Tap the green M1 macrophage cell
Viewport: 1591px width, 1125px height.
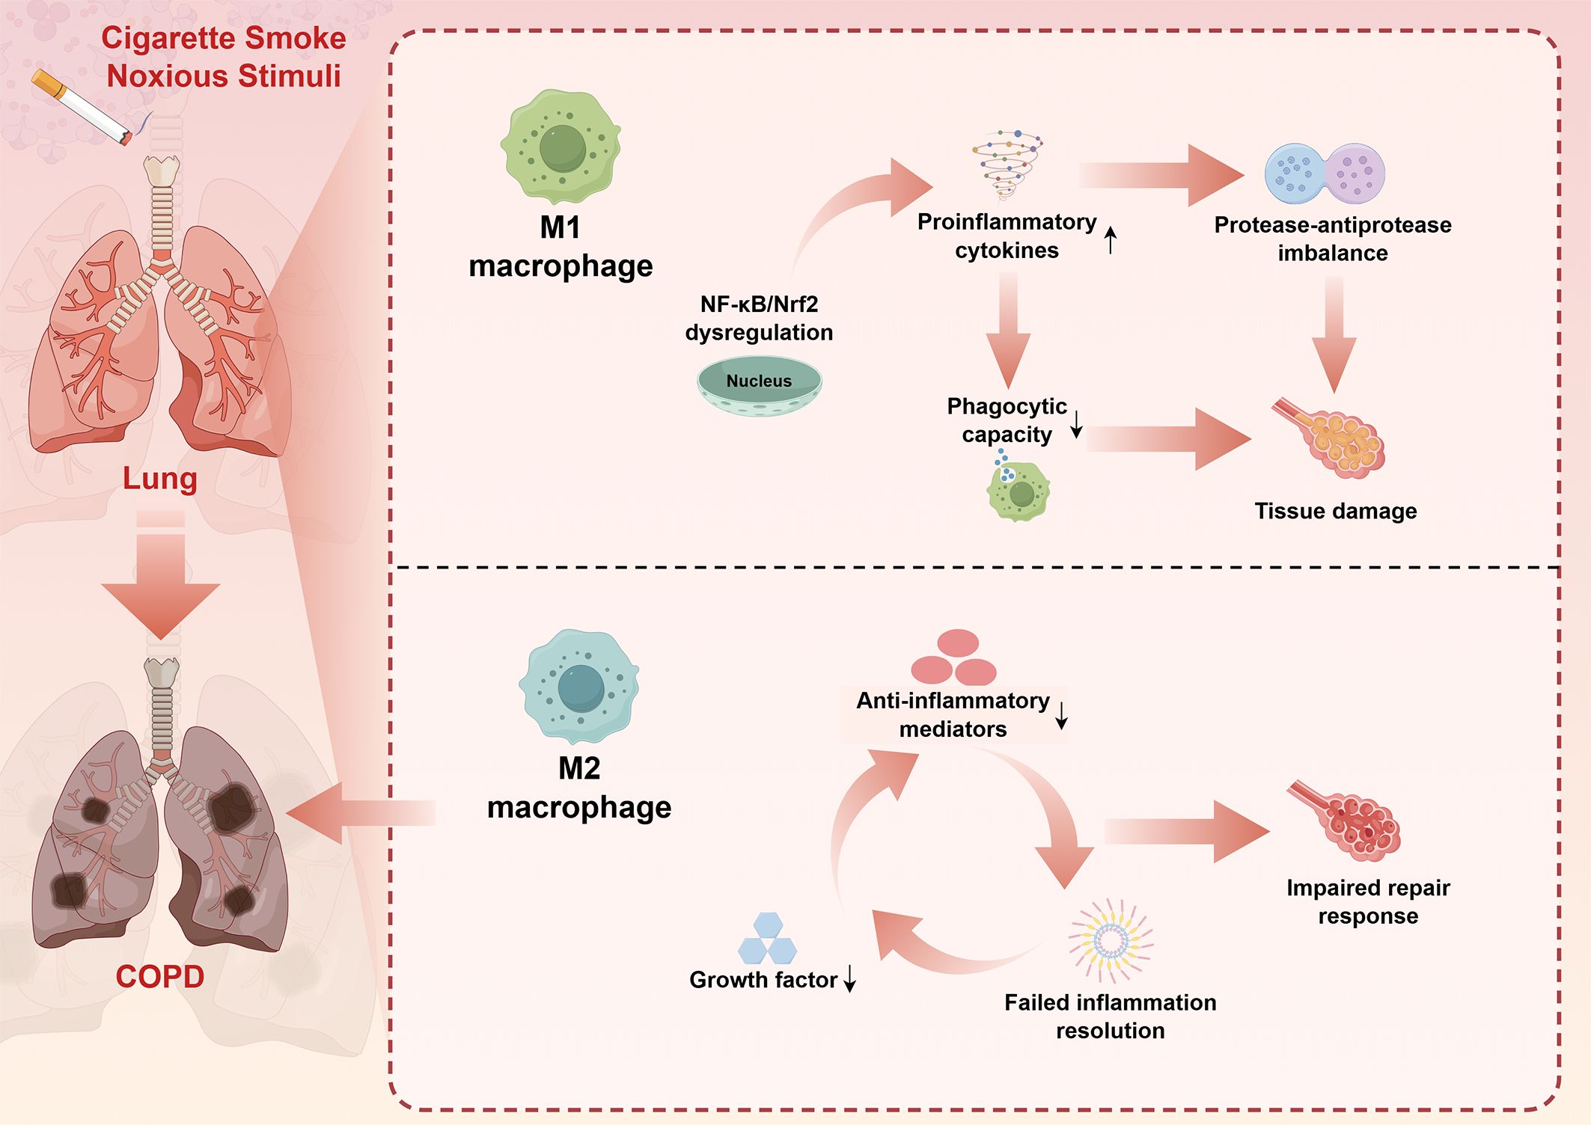(x=561, y=147)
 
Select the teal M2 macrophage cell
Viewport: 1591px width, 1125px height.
(x=579, y=686)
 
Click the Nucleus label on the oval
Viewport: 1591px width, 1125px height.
(x=759, y=381)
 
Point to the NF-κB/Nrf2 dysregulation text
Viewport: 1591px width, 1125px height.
(x=759, y=318)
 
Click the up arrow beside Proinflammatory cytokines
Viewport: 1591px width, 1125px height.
(x=1111, y=240)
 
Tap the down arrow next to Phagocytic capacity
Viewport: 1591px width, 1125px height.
(x=1076, y=424)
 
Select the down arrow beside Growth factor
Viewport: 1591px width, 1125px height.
(x=850, y=978)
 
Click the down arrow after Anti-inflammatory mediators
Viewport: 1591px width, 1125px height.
(x=1061, y=715)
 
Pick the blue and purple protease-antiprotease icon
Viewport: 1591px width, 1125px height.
(x=1325, y=174)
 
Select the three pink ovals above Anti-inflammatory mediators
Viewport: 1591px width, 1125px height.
(x=954, y=657)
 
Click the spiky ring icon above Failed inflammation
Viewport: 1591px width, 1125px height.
(x=1111, y=941)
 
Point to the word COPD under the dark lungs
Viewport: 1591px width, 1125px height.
(x=160, y=977)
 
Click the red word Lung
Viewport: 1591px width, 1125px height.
(x=160, y=479)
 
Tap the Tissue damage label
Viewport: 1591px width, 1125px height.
(x=1336, y=511)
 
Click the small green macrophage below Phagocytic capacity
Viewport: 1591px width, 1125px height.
(x=1019, y=490)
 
